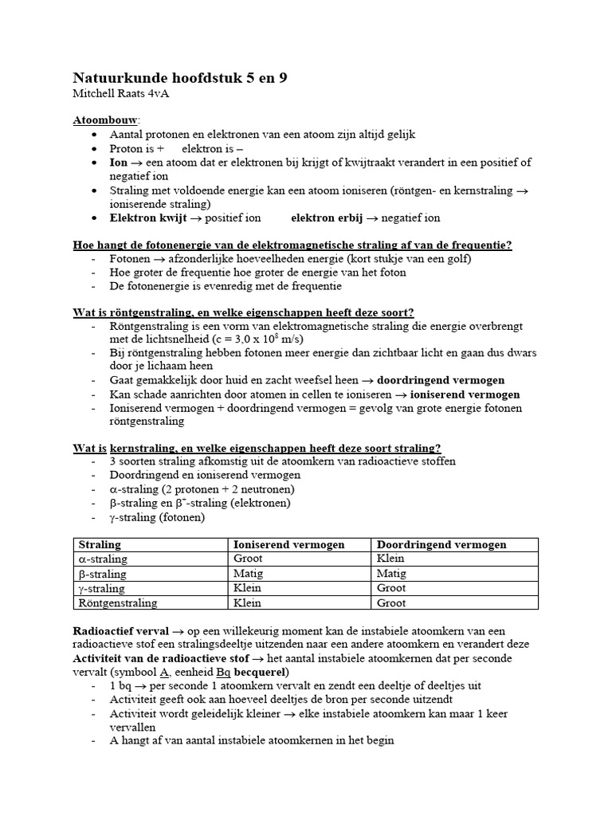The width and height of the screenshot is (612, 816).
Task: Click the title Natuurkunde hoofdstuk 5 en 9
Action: tap(180, 77)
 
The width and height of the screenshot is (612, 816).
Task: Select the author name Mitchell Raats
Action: tap(111, 94)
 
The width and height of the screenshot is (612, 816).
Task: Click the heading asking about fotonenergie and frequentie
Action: tap(292, 245)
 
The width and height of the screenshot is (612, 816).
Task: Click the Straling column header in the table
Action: tap(100, 544)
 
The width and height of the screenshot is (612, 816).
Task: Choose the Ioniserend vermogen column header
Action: tap(288, 544)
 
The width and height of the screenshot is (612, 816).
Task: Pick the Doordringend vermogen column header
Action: tap(442, 544)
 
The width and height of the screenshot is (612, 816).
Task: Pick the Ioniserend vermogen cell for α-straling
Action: tap(249, 559)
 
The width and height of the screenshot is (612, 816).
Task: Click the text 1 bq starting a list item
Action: tap(121, 686)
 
